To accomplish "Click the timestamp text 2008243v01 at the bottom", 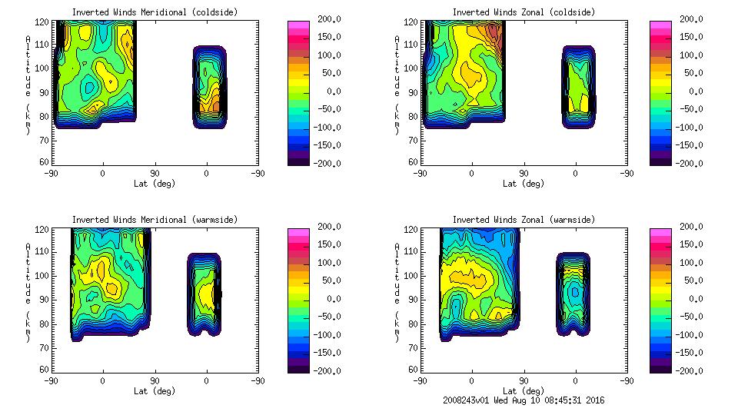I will (x=469, y=400).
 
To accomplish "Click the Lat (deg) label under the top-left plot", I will (x=155, y=184).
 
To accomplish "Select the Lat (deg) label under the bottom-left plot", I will (x=155, y=391).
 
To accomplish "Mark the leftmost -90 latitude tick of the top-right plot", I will (x=420, y=173).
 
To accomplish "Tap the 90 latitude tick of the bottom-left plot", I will (x=155, y=380).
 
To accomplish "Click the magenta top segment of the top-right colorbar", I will (x=660, y=25).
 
